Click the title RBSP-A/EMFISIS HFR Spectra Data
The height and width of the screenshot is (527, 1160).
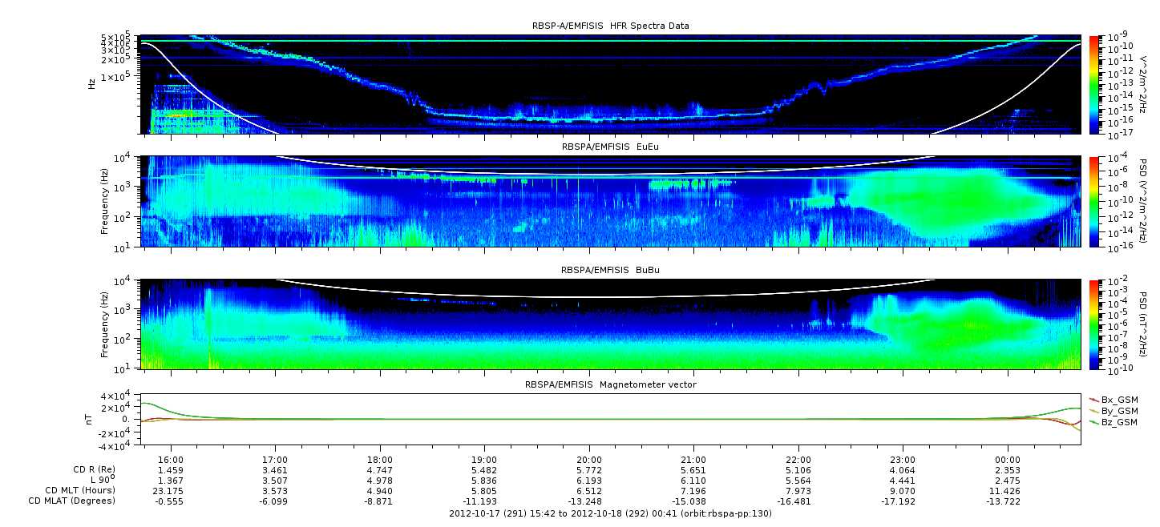coord(611,26)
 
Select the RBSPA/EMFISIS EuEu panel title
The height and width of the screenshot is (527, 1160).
coord(610,147)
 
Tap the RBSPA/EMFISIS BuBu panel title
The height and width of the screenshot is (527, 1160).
coord(610,270)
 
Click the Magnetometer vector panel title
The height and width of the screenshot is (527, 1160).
coord(611,384)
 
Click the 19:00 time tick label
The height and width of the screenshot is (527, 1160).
coord(484,460)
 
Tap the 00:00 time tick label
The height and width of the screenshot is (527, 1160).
coord(1007,460)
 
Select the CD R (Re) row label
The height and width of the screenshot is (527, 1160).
coord(94,469)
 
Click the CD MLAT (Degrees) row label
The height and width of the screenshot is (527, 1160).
coord(71,501)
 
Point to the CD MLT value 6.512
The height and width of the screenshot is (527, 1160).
coord(588,491)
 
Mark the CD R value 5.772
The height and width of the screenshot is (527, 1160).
coord(588,470)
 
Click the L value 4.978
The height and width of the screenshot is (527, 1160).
coord(380,481)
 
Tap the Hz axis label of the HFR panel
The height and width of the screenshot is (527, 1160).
coord(91,84)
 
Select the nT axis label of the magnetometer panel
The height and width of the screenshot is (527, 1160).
coord(89,420)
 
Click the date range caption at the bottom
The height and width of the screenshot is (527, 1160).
coord(610,513)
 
